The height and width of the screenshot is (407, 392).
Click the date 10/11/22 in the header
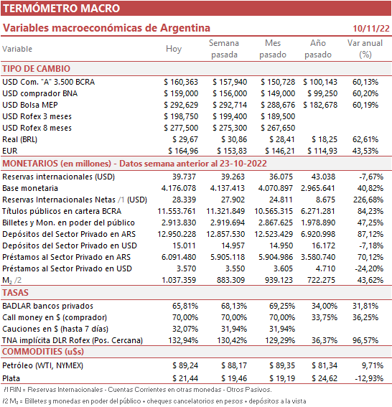pyautogui.click(x=371, y=29)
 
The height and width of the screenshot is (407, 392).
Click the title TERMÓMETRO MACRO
pyautogui.click(x=61, y=9)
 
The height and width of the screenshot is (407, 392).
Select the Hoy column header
pyautogui.click(x=174, y=49)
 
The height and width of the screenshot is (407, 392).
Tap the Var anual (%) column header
pyautogui.click(x=365, y=49)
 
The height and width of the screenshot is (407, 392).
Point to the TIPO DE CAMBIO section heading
pyautogui.click(x=37, y=69)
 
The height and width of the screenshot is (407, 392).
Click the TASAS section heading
pyautogui.click(x=15, y=293)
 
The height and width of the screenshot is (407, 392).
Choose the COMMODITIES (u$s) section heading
pyautogui.click(x=43, y=352)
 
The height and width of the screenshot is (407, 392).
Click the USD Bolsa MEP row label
pyautogui.click(x=30, y=105)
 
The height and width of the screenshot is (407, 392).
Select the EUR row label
pyautogui.click(x=9, y=151)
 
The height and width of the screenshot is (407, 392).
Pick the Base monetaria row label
pyautogui.click(x=30, y=188)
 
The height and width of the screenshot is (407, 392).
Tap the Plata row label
pyautogui.click(x=11, y=378)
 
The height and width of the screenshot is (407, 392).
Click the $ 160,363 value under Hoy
pyautogui.click(x=181, y=83)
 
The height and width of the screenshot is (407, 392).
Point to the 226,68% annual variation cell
pyautogui.click(x=368, y=200)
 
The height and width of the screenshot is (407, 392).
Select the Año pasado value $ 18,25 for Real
pyautogui.click(x=325, y=140)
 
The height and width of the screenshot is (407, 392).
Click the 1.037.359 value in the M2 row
pyautogui.click(x=179, y=281)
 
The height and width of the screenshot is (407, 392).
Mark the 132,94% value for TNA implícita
pyautogui.click(x=183, y=340)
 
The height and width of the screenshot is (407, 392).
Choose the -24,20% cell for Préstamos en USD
pyautogui.click(x=369, y=268)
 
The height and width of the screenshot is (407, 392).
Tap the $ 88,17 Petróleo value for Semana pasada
pyautogui.click(x=234, y=366)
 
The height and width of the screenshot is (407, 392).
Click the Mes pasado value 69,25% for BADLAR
pyautogui.click(x=282, y=307)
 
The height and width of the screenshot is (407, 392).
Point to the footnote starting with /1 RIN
pyautogui.click(x=138, y=390)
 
